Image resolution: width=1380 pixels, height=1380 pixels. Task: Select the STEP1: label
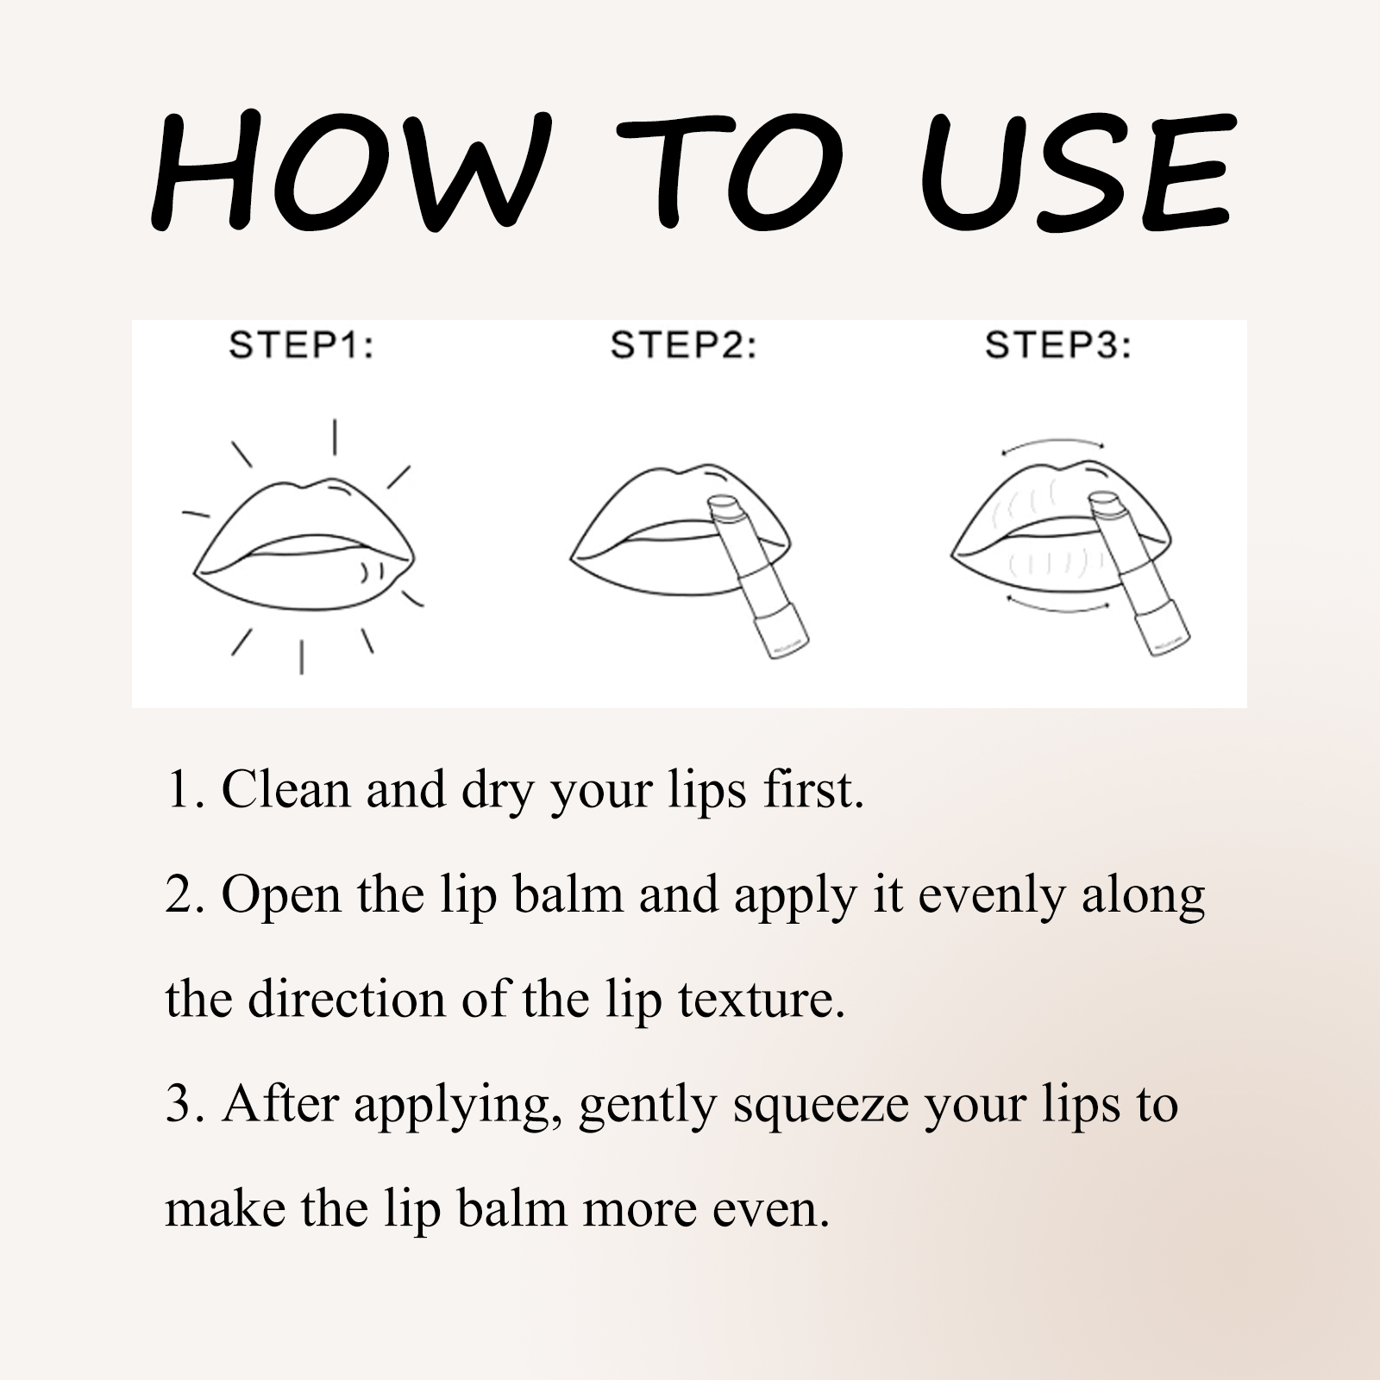point(301,346)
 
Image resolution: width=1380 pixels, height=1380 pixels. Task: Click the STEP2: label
point(683,346)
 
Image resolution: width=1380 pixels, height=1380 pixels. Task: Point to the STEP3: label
point(1058,346)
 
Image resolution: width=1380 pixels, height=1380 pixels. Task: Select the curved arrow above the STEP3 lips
point(1052,444)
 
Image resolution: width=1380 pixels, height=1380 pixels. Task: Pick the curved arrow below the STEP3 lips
point(1057,604)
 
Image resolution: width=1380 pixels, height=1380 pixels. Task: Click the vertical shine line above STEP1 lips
point(335,436)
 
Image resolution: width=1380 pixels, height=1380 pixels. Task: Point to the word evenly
point(992,894)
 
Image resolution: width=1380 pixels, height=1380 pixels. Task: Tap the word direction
point(346,1000)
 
